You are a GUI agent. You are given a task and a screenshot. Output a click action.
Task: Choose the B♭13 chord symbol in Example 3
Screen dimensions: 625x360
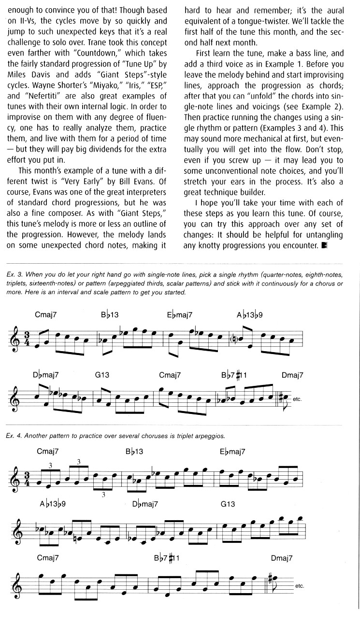coord(110,315)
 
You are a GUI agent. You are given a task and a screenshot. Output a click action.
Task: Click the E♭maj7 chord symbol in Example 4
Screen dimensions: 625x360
coord(232,453)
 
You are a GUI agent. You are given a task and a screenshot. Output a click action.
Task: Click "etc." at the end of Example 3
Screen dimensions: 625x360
coord(297,399)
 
